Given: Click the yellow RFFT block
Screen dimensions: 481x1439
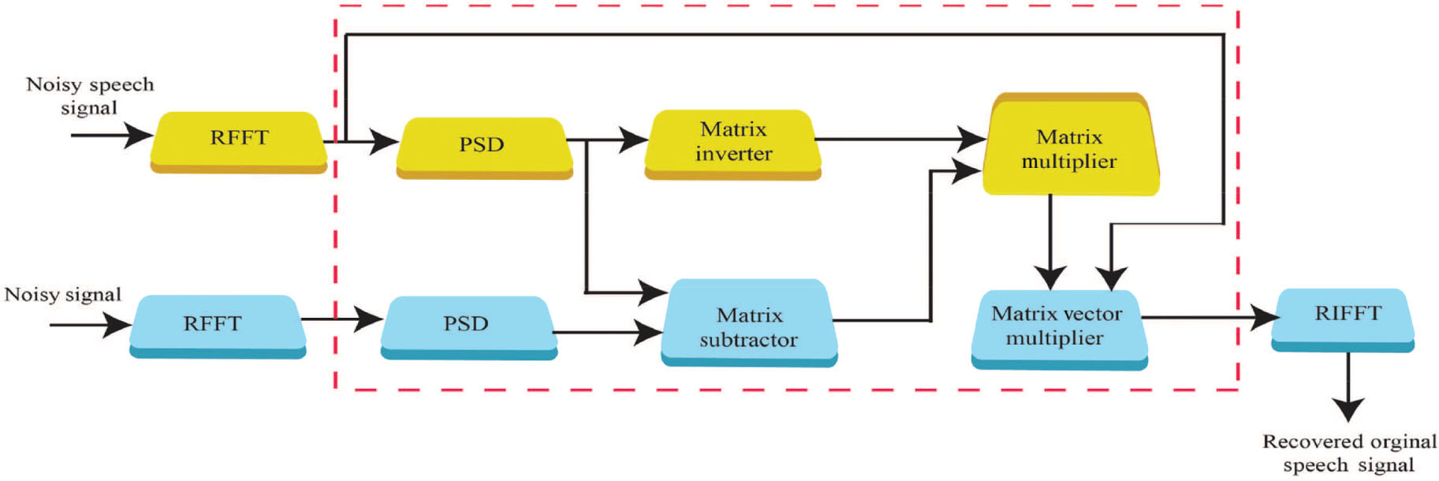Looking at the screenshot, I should [x=238, y=140].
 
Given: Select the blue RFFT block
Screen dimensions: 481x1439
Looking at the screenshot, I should [x=217, y=325].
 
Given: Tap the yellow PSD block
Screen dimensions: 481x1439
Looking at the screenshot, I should [x=483, y=147].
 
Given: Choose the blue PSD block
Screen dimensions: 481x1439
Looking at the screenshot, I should [x=468, y=325].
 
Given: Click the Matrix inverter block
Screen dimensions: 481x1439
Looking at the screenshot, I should [x=733, y=144].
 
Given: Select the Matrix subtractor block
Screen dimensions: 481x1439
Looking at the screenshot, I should [x=749, y=325].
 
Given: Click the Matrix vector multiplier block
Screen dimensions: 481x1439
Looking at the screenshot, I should [x=1058, y=326].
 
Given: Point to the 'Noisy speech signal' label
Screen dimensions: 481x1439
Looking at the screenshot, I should [x=89, y=95].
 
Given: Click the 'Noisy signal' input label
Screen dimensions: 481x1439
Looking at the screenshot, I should [x=63, y=295].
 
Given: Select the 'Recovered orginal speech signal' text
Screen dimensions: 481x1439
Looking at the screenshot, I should [x=1349, y=453].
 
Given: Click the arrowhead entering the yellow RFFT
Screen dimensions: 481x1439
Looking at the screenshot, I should [x=139, y=135].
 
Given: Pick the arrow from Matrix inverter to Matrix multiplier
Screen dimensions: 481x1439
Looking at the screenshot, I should [x=899, y=140].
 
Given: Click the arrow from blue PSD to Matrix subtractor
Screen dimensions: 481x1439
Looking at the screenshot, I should [x=607, y=332].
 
